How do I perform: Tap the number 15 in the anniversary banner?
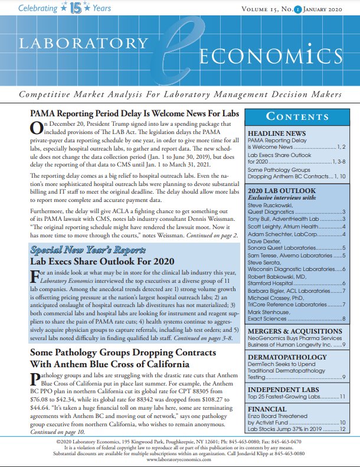pos(75,8)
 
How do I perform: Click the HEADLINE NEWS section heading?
pos(276,134)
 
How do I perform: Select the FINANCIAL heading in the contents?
pos(267,409)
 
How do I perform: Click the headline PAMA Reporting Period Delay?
pos(133,115)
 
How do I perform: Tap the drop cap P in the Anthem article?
pos(34,379)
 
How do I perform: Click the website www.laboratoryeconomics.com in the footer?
pos(180,460)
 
